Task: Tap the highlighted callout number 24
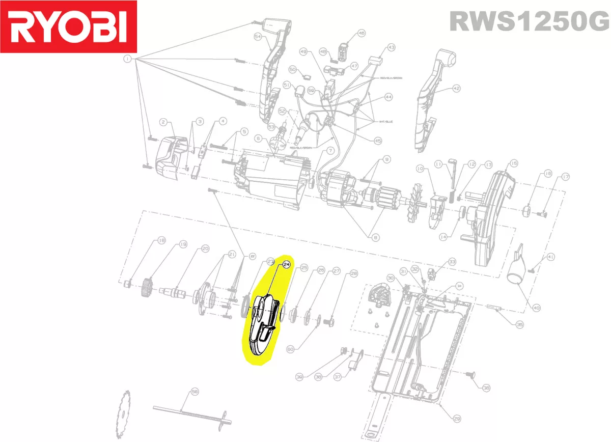pos(286,264)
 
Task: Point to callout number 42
pos(456,88)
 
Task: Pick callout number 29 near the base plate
pos(457,419)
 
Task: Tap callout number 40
pos(536,308)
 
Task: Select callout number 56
pos(194,392)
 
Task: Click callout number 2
pos(163,122)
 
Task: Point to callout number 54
pos(258,37)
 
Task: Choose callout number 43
pos(391,47)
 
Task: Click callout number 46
pos(362,33)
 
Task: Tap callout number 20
pos(205,248)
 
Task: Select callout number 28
pos(354,273)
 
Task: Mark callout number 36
pos(486,388)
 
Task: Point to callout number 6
pos(258,138)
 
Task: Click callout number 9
pos(386,160)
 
